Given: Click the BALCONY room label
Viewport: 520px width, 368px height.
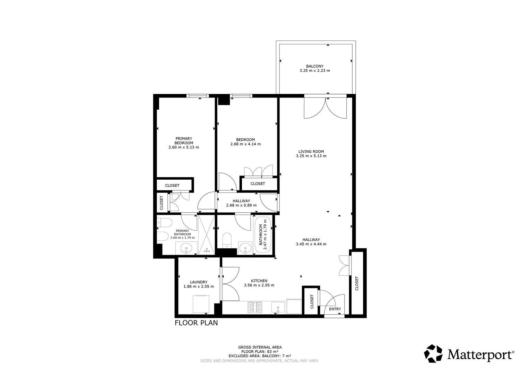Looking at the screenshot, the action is [314, 66].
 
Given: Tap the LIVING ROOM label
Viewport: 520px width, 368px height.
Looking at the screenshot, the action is [311, 152].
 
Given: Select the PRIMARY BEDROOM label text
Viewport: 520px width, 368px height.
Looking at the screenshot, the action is [184, 141].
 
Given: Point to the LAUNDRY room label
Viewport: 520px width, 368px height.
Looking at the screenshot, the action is [199, 282].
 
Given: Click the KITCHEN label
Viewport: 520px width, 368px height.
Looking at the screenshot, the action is [259, 281].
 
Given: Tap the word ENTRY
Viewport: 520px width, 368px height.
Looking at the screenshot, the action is [335, 309].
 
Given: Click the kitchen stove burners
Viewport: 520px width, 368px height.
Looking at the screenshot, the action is [255, 307].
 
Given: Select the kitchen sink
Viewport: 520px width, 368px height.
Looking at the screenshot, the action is [278, 308].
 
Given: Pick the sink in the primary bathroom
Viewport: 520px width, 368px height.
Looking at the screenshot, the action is [186, 248].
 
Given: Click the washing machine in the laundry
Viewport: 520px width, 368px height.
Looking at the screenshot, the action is [201, 304].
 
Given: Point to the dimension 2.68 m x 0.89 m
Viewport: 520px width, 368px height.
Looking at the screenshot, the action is [241, 205].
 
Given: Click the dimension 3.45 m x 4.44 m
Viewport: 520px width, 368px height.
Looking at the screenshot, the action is [311, 244].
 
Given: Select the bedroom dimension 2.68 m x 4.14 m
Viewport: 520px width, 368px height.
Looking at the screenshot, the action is [245, 144].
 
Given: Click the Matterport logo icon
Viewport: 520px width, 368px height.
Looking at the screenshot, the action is [433, 353].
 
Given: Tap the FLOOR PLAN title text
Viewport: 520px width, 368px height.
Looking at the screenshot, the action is [196, 323].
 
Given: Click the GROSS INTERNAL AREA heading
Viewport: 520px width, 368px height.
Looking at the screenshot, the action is [260, 347].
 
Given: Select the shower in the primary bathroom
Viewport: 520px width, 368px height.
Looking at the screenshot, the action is [206, 235].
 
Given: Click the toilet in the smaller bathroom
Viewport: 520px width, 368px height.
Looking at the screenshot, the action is [227, 240].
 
